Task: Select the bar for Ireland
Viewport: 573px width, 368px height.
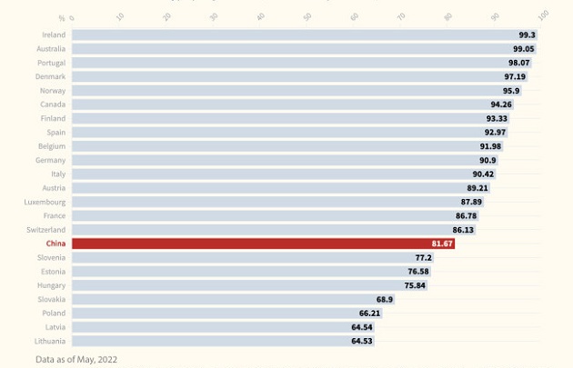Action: [x=291, y=35]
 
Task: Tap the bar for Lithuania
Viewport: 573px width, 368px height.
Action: [x=209, y=341]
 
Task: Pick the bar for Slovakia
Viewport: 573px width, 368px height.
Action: [x=218, y=299]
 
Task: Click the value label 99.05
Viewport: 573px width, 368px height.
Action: [x=523, y=49]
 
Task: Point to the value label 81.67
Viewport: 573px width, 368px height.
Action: [x=442, y=244]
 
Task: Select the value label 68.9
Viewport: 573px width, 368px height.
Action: [x=385, y=299]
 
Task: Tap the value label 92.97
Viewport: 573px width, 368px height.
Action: [x=495, y=133]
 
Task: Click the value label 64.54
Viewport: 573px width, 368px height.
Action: [x=362, y=327]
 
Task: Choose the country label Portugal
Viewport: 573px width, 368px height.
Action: [x=51, y=63]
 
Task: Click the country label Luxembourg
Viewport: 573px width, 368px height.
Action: [x=45, y=202]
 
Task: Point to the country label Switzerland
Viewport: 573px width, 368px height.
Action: [x=45, y=230]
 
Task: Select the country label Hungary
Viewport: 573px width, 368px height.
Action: [x=51, y=285]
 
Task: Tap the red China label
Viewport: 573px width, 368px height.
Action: [x=55, y=244]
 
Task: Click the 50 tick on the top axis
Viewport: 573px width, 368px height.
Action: [x=307, y=16]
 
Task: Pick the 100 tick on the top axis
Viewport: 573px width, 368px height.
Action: [x=543, y=15]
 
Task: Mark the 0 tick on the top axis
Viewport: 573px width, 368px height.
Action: [x=73, y=18]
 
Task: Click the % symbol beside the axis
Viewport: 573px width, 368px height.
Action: [x=62, y=18]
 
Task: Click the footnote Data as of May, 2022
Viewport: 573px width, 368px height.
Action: [x=76, y=360]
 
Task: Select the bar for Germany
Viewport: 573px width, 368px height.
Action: [x=273, y=160]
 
